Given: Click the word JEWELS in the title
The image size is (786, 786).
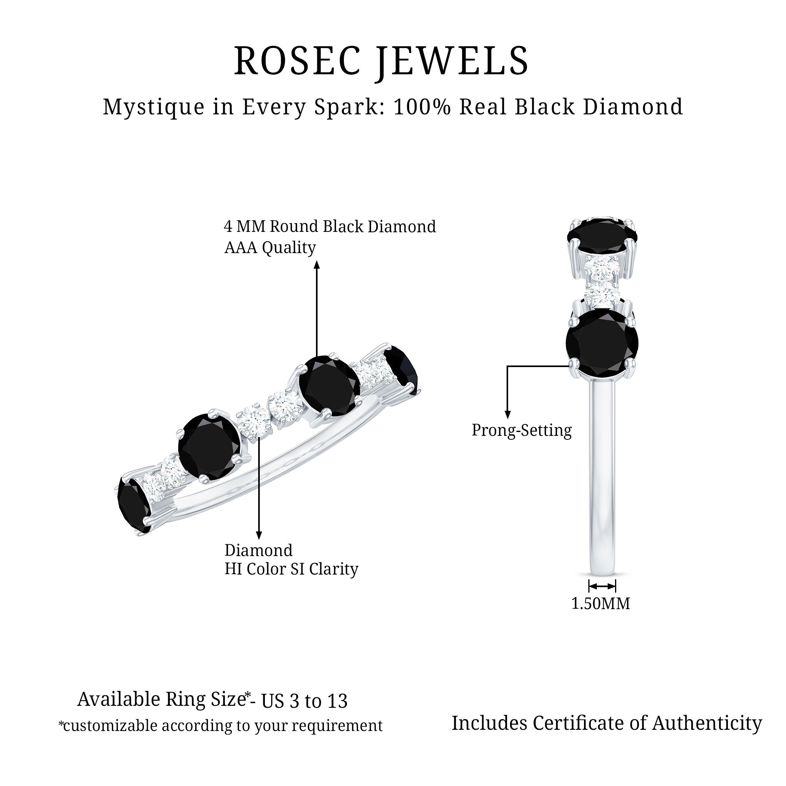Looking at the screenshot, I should pyautogui.click(x=452, y=61).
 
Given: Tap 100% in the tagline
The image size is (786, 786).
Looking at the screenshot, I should pyautogui.click(x=422, y=107).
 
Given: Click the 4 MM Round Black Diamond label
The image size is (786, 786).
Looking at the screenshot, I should pyautogui.click(x=330, y=227).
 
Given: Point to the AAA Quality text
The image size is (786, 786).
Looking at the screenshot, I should pyautogui.click(x=270, y=247).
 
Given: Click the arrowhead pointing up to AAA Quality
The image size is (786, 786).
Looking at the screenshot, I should pyautogui.click(x=317, y=265).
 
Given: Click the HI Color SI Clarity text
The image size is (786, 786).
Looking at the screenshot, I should pyautogui.click(x=291, y=569).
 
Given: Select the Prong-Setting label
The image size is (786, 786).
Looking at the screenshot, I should pyautogui.click(x=522, y=430).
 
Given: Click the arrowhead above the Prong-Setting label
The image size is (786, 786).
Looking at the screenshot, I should pyautogui.click(x=507, y=415).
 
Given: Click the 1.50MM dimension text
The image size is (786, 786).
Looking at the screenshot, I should pyautogui.click(x=601, y=603).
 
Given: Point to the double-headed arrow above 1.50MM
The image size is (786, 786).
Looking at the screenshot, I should pyautogui.click(x=602, y=586).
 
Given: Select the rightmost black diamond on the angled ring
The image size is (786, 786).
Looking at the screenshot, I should pyautogui.click(x=402, y=369).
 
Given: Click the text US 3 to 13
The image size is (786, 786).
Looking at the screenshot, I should pyautogui.click(x=304, y=701).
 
